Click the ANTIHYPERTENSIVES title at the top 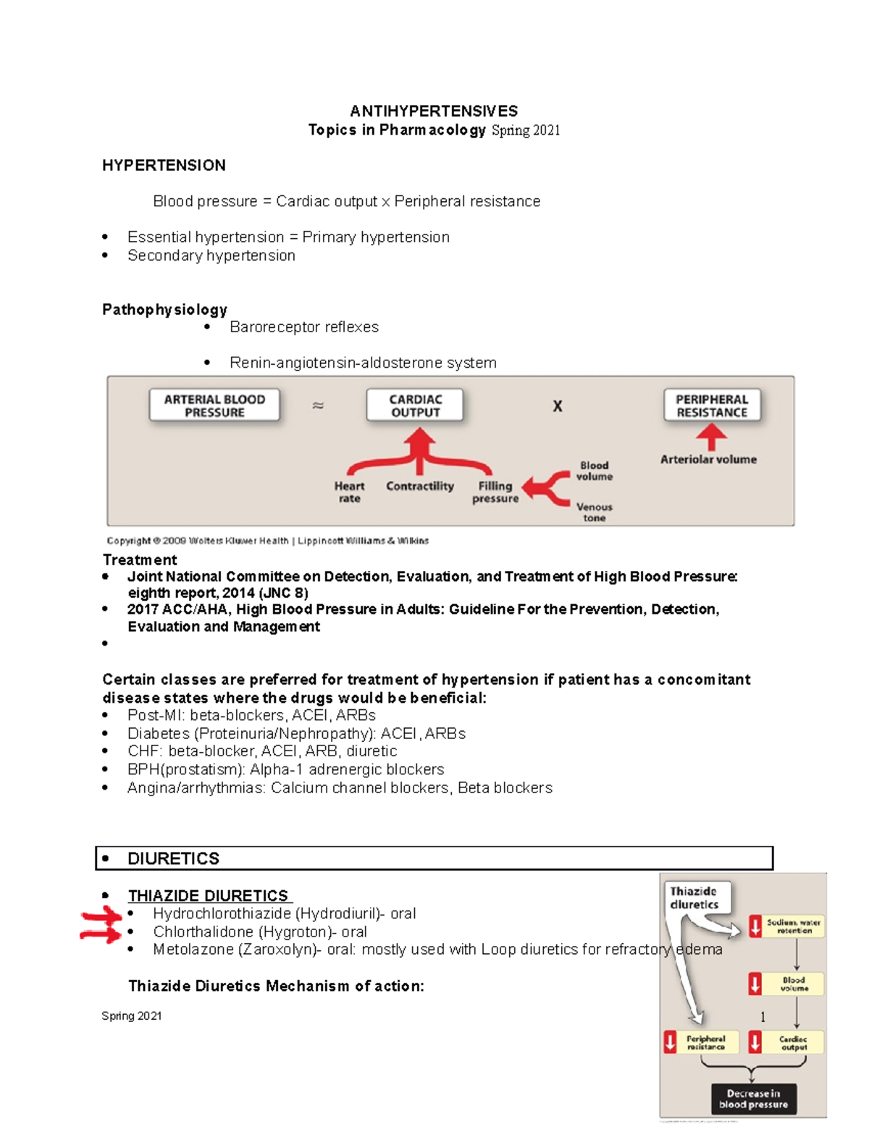tap(434, 111)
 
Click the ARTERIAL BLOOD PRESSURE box tap(214, 405)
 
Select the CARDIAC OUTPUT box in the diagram tap(415, 405)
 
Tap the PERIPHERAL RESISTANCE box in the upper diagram tap(711, 405)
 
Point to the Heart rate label tap(349, 492)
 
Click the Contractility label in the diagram tap(419, 486)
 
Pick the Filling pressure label tap(495, 492)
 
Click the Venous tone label tap(594, 512)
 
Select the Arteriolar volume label tap(708, 460)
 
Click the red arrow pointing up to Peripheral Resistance tap(712, 436)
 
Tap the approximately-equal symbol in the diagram tap(317, 405)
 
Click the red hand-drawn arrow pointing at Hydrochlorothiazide tap(101, 917)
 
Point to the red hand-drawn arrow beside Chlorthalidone tap(100, 934)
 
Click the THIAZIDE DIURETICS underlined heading tap(209, 896)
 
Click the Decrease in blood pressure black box tap(753, 1099)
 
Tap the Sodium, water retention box tap(794, 926)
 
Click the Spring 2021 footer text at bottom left tap(131, 1016)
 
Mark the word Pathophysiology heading tap(164, 310)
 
